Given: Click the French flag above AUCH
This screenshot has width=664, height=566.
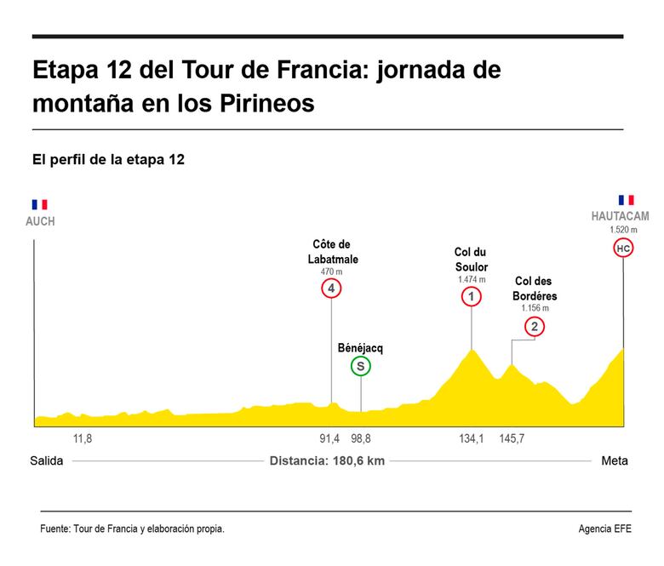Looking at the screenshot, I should [40, 204].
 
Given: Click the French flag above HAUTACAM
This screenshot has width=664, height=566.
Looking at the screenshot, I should [627, 199].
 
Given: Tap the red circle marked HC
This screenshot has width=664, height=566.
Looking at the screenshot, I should [623, 249].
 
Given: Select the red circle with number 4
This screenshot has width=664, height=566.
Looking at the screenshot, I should [331, 289].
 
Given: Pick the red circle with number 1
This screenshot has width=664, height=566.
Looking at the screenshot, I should [471, 296].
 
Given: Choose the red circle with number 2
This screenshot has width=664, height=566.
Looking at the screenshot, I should [534, 326].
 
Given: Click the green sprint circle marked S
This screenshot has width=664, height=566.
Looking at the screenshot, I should [361, 367].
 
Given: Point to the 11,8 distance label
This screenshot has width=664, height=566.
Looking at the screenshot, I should [83, 438].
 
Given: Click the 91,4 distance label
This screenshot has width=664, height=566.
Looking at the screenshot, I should [330, 438].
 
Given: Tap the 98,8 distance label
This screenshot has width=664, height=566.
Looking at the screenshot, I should [361, 438].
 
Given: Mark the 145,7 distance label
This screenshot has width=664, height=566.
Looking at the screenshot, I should [512, 438].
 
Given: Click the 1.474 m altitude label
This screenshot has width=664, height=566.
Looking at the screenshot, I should [471, 279].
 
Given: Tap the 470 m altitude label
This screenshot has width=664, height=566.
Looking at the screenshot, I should [331, 272].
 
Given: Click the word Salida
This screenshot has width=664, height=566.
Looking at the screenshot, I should [48, 461].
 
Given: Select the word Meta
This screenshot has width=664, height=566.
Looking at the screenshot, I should [615, 461].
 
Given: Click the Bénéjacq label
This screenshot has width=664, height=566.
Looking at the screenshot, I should [361, 348].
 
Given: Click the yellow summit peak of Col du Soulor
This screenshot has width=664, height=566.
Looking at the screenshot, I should [471, 350].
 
